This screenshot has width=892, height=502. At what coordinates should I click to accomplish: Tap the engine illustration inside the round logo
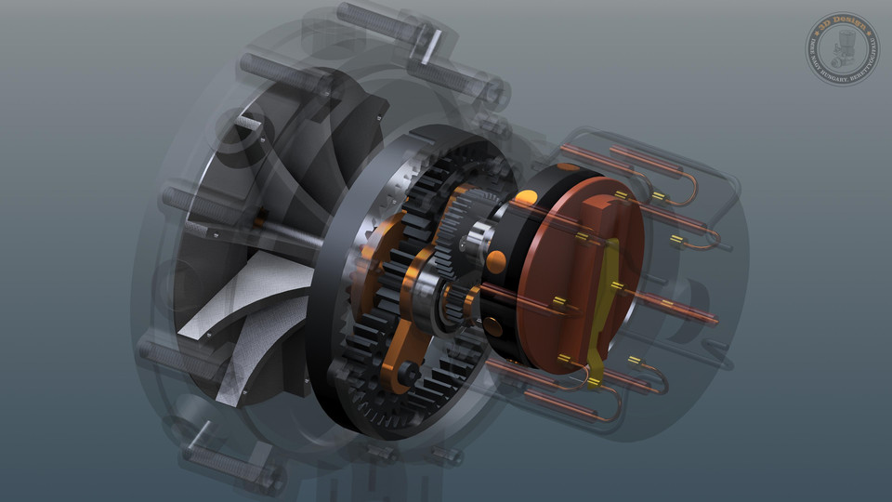[842, 47]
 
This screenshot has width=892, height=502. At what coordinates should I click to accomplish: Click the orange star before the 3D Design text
[820, 29]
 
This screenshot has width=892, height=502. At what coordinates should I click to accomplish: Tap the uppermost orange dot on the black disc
[526, 197]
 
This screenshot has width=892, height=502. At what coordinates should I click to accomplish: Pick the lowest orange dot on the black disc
[493, 328]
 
